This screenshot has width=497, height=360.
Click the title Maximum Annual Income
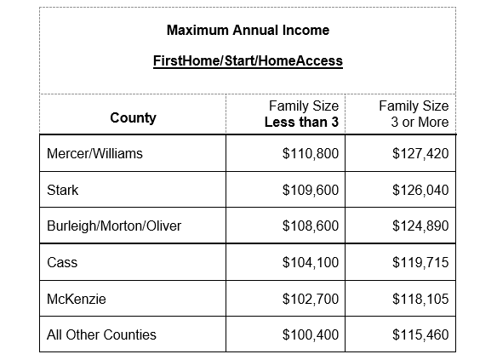click(x=248, y=31)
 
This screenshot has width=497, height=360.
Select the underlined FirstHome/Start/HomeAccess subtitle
click(x=248, y=62)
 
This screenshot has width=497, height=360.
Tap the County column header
click(x=133, y=118)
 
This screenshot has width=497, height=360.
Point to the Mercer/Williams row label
click(x=94, y=154)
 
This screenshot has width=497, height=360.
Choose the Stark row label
click(x=62, y=191)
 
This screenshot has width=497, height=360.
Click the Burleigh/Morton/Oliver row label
click(x=114, y=226)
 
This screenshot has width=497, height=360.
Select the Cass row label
click(x=62, y=262)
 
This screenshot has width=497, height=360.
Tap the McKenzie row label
click(x=74, y=299)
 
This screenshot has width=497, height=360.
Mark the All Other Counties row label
click(x=101, y=334)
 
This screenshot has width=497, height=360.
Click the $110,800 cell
click(x=310, y=154)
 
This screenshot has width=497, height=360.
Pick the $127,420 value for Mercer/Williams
click(x=420, y=154)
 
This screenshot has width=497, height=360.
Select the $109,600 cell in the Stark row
click(x=310, y=191)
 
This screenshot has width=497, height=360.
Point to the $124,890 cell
click(x=420, y=226)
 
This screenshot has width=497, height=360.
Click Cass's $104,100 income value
click(x=310, y=262)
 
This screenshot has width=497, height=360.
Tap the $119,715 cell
click(x=420, y=262)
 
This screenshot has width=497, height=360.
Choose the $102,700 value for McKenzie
click(x=310, y=299)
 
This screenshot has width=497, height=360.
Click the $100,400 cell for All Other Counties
click(x=310, y=334)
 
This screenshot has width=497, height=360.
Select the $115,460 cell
click(x=420, y=334)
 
